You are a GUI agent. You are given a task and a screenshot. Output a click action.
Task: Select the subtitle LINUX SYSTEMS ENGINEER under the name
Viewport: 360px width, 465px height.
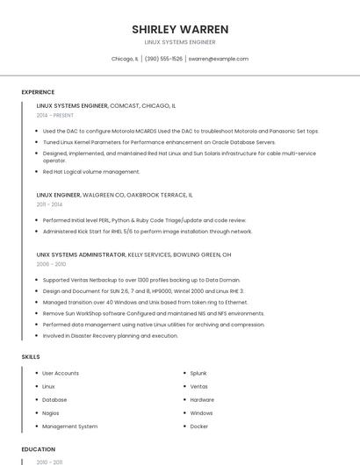point(180,42)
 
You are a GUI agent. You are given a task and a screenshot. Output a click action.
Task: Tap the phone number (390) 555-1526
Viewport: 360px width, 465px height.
point(163,59)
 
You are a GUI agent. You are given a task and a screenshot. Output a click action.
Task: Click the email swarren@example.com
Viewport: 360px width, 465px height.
point(218,59)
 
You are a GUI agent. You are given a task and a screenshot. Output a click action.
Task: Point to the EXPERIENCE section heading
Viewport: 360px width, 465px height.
point(38,92)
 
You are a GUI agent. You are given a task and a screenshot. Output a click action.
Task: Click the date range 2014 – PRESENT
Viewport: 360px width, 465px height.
point(56,115)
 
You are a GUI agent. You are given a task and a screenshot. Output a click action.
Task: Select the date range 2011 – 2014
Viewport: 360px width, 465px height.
point(49,204)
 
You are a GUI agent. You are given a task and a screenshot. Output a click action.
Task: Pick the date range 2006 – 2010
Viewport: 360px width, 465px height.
point(51,263)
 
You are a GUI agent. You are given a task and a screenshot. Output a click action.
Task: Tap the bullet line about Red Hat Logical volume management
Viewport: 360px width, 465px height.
point(91,172)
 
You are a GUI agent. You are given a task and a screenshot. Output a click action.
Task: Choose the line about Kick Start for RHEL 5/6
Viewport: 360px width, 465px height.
point(148,232)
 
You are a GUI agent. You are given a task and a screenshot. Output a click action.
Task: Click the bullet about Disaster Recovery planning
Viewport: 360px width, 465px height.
point(110,335)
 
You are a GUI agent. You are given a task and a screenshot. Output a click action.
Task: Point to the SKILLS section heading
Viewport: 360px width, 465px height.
point(31,357)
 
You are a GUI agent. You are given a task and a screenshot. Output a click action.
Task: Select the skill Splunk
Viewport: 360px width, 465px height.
point(198,373)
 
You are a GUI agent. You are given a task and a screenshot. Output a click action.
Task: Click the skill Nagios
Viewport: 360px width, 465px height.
point(51,412)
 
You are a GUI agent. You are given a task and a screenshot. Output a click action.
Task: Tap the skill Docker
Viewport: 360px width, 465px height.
point(198,426)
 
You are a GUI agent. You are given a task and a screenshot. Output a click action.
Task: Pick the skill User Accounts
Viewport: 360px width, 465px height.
point(61,373)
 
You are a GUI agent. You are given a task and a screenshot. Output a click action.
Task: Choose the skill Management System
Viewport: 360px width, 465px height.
point(70,426)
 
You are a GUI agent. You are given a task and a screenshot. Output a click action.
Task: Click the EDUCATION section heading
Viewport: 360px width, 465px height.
point(38,449)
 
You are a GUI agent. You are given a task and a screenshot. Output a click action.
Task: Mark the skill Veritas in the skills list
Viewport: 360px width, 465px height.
point(199,386)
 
